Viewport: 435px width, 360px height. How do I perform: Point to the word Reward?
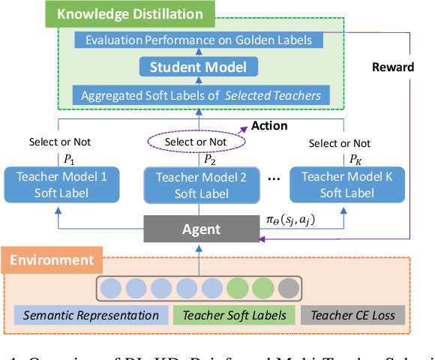point(393,67)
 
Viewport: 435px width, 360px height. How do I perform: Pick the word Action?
point(268,125)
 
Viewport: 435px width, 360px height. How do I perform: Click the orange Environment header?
point(51,260)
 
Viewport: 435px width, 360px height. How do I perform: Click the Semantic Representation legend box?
point(90,316)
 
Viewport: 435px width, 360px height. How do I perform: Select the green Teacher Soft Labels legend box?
point(234,316)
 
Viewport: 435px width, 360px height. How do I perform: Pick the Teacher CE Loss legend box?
point(352,316)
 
